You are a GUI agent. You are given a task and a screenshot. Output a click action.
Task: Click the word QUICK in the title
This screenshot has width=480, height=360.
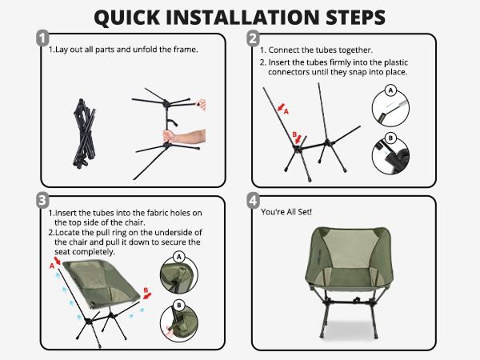coord(127,17)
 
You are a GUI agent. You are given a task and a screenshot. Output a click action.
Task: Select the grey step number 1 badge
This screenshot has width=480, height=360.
coord(43,38)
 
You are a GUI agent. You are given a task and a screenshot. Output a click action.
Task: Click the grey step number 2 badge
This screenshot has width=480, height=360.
coord(254,38)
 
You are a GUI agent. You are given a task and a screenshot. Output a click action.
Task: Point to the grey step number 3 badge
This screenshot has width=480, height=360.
coord(43,200)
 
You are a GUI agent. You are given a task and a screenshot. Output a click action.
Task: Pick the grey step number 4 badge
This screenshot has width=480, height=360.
coord(254,201)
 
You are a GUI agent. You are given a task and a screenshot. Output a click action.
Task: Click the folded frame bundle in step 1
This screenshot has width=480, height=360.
coord(84,134)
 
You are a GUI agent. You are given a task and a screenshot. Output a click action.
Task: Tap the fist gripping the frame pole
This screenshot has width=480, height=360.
coord(169,136)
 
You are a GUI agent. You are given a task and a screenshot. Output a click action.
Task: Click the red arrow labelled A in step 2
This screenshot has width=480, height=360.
coord(281,107)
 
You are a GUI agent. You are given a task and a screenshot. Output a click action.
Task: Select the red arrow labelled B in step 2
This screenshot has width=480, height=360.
coord(298,139)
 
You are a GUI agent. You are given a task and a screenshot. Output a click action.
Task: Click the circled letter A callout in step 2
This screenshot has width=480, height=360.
coord(390,90)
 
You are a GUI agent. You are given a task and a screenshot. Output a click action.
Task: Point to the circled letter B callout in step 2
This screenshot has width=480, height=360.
coord(390,138)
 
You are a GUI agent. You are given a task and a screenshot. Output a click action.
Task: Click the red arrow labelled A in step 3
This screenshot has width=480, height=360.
coord(58,261)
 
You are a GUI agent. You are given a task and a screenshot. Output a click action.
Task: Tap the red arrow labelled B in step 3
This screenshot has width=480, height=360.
coord(147,296)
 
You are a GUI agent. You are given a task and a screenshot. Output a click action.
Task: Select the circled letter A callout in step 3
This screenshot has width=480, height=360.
coord(179,257)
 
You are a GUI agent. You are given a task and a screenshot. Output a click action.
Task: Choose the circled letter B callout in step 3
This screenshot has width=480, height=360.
coord(179,306)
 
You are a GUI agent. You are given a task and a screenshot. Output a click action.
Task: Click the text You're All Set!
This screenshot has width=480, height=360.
coord(286,212)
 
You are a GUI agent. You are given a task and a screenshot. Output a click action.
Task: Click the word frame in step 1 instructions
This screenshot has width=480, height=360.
coord(186,50)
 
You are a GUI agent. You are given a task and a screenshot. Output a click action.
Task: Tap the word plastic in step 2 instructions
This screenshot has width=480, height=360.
coord(396,62)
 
